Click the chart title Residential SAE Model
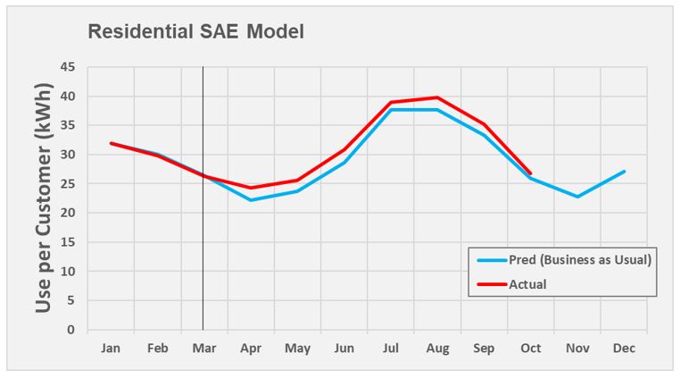point(195,32)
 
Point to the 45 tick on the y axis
point(68,67)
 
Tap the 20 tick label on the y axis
point(68,213)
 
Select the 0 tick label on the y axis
point(71,330)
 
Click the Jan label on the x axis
point(111,348)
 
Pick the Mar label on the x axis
point(203,348)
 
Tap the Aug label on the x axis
point(437,348)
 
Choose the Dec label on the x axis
point(624,348)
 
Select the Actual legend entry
point(528,284)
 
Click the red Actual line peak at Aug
point(437,97)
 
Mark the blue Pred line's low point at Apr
point(251,200)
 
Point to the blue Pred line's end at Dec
point(624,172)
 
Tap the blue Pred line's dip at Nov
point(577,197)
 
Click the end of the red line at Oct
point(531,173)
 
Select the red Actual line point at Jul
point(391,102)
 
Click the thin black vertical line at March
point(203,268)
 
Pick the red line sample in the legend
point(492,284)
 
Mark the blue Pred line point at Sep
point(484,135)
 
